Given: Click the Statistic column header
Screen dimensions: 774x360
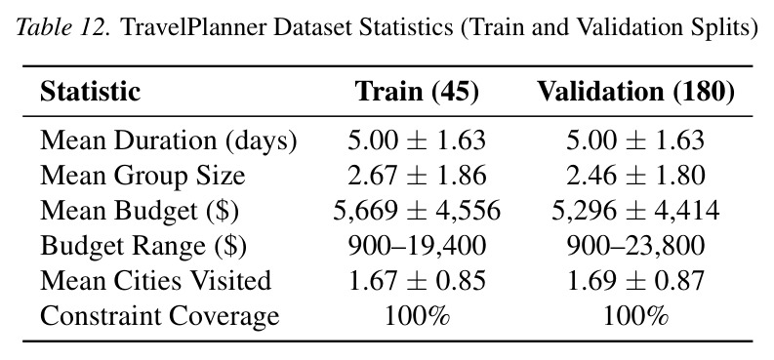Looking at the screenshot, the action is pos(91,92).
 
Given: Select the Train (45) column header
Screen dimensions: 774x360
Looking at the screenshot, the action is pos(417,92).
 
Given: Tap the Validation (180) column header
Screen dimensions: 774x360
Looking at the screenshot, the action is pos(635,92).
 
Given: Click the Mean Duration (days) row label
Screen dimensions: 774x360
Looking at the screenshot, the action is pos(168,141).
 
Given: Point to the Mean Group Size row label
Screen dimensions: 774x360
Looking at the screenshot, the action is pos(143,176).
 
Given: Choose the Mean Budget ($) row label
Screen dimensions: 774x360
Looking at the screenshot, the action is pos(140,211).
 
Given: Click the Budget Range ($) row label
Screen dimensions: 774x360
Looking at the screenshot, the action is pos(143,246).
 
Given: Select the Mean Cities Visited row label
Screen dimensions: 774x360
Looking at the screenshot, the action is pos(155,280).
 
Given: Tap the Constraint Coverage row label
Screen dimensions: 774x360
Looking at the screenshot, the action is pos(159,316).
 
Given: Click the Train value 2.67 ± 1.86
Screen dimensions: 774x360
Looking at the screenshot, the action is pos(417,176).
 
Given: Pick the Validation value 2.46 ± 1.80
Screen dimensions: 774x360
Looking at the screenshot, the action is pos(635,176).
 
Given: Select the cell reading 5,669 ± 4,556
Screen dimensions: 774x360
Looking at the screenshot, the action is pos(417,211).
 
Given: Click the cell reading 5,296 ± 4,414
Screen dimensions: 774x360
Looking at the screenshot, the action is pos(635,211).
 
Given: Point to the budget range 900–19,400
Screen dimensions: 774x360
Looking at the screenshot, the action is pos(417,246).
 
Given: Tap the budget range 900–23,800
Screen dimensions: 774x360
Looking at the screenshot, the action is pos(635,246).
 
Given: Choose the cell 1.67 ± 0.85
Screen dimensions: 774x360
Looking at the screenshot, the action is pos(417,281).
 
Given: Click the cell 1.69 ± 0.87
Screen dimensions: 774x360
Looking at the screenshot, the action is pos(635,281).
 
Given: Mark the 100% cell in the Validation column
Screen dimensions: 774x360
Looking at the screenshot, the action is pos(635,316).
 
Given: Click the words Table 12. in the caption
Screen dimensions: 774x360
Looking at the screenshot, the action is pos(64,27).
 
